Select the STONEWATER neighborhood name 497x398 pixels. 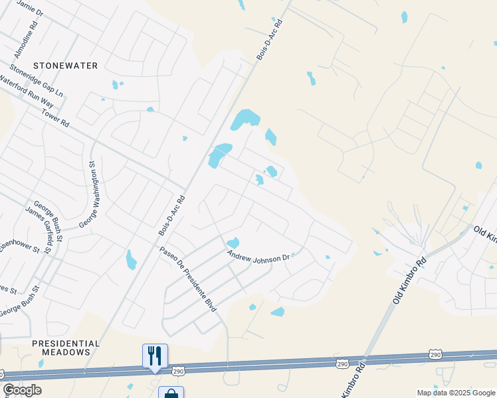[x=65, y=66]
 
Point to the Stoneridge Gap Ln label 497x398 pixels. [x=37, y=82]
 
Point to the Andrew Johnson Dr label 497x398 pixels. [x=258, y=255]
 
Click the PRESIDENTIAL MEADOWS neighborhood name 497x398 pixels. [x=66, y=348]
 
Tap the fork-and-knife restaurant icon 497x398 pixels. [x=155, y=356]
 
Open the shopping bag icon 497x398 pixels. [x=171, y=393]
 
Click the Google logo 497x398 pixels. [x=22, y=390]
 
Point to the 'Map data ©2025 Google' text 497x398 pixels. [x=456, y=393]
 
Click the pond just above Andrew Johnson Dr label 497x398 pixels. [x=233, y=243]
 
